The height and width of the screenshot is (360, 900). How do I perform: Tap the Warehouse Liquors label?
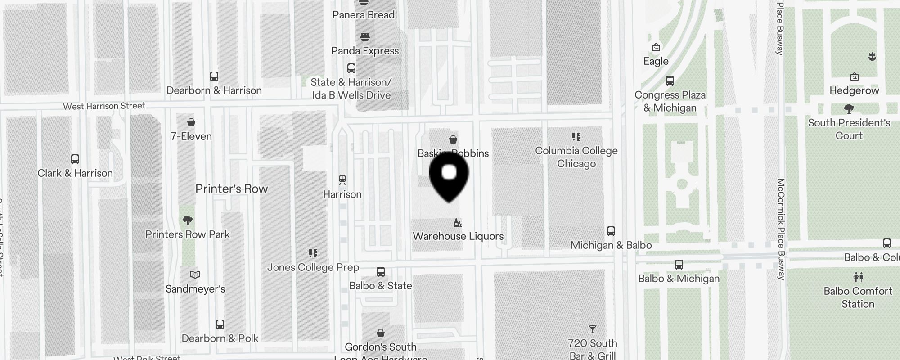click(x=458, y=236)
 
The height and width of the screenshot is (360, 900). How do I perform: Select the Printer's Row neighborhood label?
click(x=231, y=189)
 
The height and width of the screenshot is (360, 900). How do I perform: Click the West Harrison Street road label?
click(x=104, y=106)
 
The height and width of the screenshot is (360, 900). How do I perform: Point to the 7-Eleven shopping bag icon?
click(x=191, y=122)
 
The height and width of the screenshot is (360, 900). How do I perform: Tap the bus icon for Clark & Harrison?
click(x=75, y=159)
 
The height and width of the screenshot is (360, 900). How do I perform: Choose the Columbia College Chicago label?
click(x=576, y=157)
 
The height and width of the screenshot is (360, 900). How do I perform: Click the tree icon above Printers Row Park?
click(x=188, y=220)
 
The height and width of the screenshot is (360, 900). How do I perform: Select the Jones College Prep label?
click(x=313, y=267)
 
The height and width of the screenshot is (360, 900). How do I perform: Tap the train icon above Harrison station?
click(x=342, y=180)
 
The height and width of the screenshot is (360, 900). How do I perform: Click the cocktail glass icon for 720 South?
click(x=592, y=329)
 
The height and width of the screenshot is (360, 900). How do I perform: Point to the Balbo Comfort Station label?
click(x=858, y=297)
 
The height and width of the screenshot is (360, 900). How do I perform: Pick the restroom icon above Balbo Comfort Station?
click(x=858, y=277)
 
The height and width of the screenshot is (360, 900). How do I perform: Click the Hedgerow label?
click(x=854, y=90)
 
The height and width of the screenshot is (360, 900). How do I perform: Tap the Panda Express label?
click(x=365, y=51)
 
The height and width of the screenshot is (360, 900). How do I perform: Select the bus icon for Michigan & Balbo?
click(x=611, y=231)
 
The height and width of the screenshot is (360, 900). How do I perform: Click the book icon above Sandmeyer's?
click(x=195, y=274)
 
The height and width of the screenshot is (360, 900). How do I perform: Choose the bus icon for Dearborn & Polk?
click(x=220, y=324)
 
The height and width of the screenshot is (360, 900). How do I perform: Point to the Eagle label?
click(x=656, y=61)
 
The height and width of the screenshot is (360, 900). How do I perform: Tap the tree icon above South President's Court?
click(x=849, y=108)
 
